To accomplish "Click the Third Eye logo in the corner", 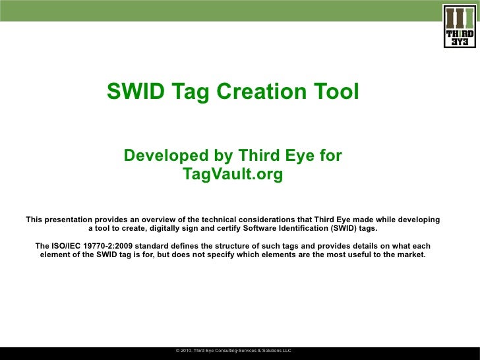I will point(460,26).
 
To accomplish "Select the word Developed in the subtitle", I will point(164,156).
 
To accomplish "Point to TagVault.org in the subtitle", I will point(233,175).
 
